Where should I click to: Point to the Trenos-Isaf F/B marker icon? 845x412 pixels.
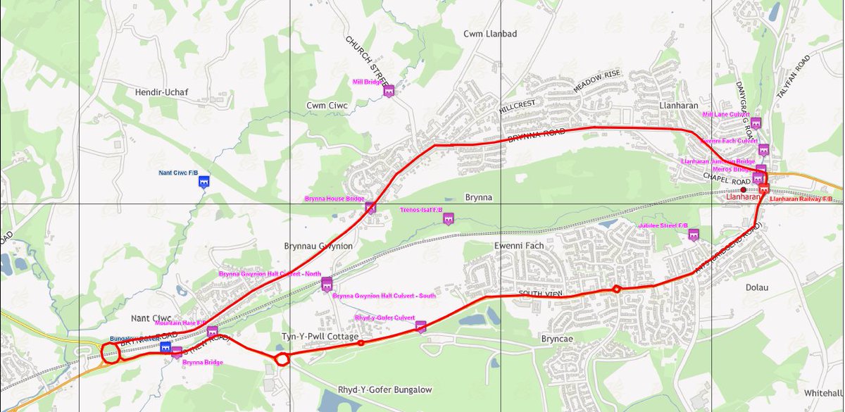tap(448, 218)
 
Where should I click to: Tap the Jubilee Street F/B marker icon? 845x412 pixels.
tap(694, 235)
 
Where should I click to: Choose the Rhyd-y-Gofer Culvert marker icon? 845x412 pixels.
tap(421, 326)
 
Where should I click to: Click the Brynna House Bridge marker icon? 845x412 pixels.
tap(370, 207)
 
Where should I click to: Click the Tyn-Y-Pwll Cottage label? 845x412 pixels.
tap(320, 337)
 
